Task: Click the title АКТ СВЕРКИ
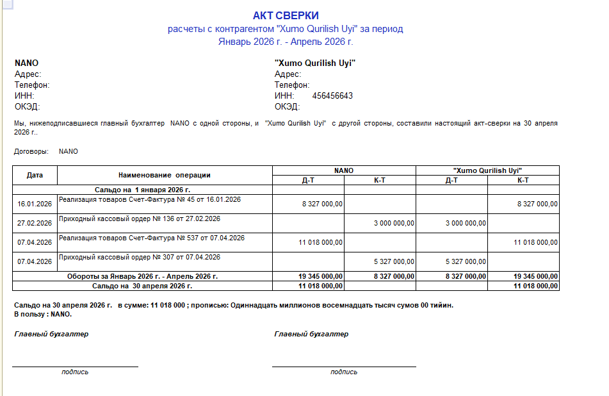tap(286, 15)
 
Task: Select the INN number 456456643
tap(332, 96)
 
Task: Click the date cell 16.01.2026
tap(35, 204)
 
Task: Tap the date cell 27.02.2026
tap(35, 223)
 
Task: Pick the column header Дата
tap(35, 174)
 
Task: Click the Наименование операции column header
tap(165, 174)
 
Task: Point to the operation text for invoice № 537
tap(152, 238)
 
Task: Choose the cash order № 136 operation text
tap(140, 219)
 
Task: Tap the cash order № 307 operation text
tap(140, 257)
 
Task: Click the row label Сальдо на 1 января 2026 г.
tap(142, 190)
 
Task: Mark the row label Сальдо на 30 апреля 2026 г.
tap(142, 286)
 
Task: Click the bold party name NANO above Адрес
tap(26, 63)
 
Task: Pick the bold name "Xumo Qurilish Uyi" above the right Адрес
tap(314, 63)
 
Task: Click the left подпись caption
tap(75, 372)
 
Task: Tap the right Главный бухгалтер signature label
tap(311, 334)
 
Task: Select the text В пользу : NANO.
tap(42, 314)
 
